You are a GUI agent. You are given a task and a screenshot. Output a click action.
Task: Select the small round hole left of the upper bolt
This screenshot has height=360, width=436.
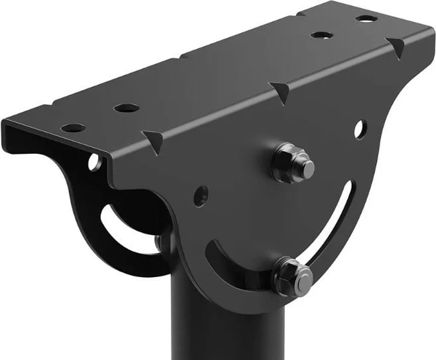[x=200, y=196]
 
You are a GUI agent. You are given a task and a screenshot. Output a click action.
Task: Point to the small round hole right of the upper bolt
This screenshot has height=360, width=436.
[x=359, y=129]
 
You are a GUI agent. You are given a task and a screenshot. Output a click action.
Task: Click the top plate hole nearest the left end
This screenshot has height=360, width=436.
[x=74, y=127]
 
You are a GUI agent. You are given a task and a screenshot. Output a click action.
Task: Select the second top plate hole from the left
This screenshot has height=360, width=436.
[x=126, y=107]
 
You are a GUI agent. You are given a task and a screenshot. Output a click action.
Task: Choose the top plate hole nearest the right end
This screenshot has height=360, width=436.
[x=366, y=18]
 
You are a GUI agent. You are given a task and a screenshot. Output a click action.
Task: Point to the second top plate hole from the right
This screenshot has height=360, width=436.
[x=321, y=34]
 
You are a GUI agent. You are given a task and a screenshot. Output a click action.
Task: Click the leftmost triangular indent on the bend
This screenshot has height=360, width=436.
[x=154, y=141]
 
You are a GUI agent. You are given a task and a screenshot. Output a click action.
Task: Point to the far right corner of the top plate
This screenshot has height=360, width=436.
[x=424, y=30]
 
